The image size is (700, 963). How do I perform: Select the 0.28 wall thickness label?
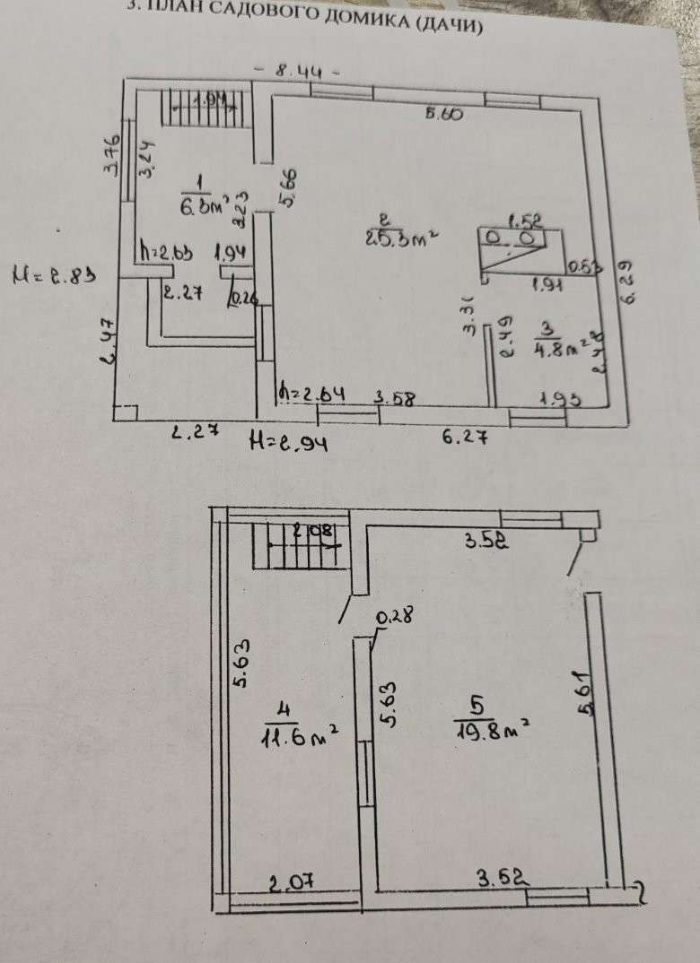[393, 616]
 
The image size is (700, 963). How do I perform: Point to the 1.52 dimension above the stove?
[522, 219]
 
